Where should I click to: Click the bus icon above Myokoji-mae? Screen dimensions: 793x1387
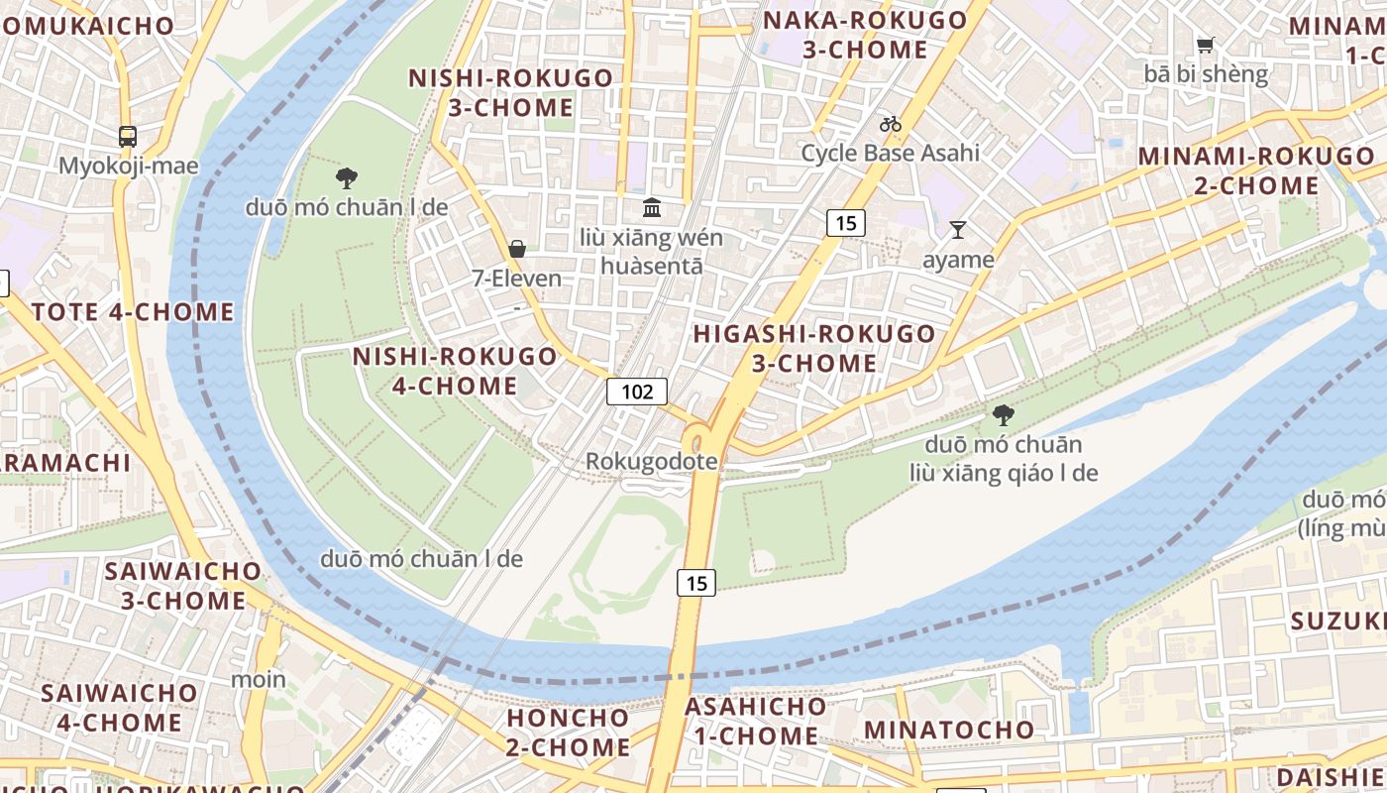coord(128,137)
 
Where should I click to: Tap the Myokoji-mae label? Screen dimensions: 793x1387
coord(129,166)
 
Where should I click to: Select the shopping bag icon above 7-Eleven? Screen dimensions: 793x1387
coord(516,249)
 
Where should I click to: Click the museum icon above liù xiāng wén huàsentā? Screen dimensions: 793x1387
coord(652,207)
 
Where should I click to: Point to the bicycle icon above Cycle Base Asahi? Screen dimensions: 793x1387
coord(891,124)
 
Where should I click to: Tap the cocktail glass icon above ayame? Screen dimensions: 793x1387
coord(957,230)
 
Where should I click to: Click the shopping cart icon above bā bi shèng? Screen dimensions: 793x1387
coord(1205,45)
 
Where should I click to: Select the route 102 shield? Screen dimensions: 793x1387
coord(637,392)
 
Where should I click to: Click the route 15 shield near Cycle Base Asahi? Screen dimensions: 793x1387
coord(845,223)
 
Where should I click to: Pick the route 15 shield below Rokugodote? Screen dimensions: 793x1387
coord(696,583)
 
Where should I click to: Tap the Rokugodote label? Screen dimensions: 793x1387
coord(651,462)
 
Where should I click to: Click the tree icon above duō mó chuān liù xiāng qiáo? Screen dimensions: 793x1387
coord(1004,415)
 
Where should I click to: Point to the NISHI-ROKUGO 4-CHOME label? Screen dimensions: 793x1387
coord(455,371)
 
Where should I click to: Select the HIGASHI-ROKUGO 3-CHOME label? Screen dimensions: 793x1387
coord(813,348)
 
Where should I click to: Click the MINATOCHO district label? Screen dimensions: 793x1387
coord(949,731)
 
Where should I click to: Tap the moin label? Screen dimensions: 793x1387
coord(259,680)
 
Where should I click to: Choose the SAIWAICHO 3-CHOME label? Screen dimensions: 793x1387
coord(183,586)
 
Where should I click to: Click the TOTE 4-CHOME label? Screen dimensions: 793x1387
coord(133,312)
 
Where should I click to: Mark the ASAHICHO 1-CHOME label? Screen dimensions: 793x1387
coord(755,722)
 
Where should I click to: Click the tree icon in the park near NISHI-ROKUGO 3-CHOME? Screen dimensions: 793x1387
coord(346,178)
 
